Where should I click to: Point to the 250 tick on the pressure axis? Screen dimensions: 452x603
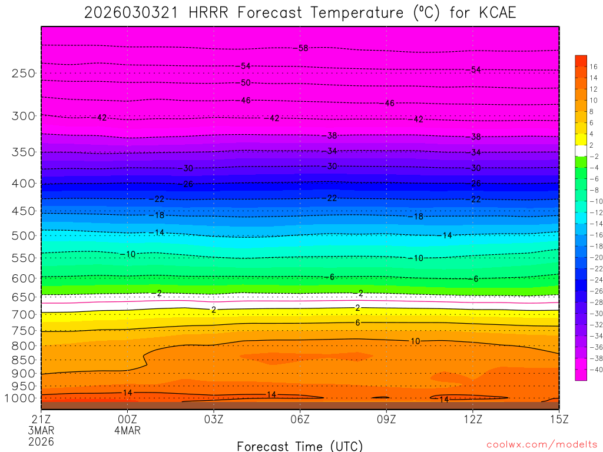pos(24,74)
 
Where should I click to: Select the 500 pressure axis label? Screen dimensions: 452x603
pos(24,236)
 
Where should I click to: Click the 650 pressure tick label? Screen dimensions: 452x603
pos(24,297)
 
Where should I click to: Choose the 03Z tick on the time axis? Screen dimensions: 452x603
pos(214,419)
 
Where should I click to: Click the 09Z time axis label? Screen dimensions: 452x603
pos(386,419)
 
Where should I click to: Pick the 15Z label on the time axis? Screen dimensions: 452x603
pos(558,419)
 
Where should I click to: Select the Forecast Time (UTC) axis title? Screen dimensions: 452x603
pos(300,446)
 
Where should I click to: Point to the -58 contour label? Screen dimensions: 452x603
pos(303,48)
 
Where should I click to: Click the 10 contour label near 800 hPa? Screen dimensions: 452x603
pos(415,341)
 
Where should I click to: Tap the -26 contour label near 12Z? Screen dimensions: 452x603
pos(476,184)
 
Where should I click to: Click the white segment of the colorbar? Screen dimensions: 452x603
pos(581,151)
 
